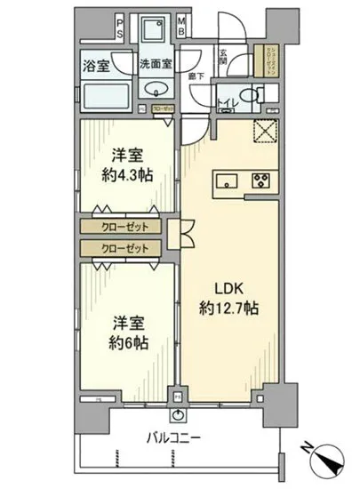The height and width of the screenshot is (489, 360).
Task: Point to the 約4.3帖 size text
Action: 128,174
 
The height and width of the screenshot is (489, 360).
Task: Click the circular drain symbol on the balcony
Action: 180,415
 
